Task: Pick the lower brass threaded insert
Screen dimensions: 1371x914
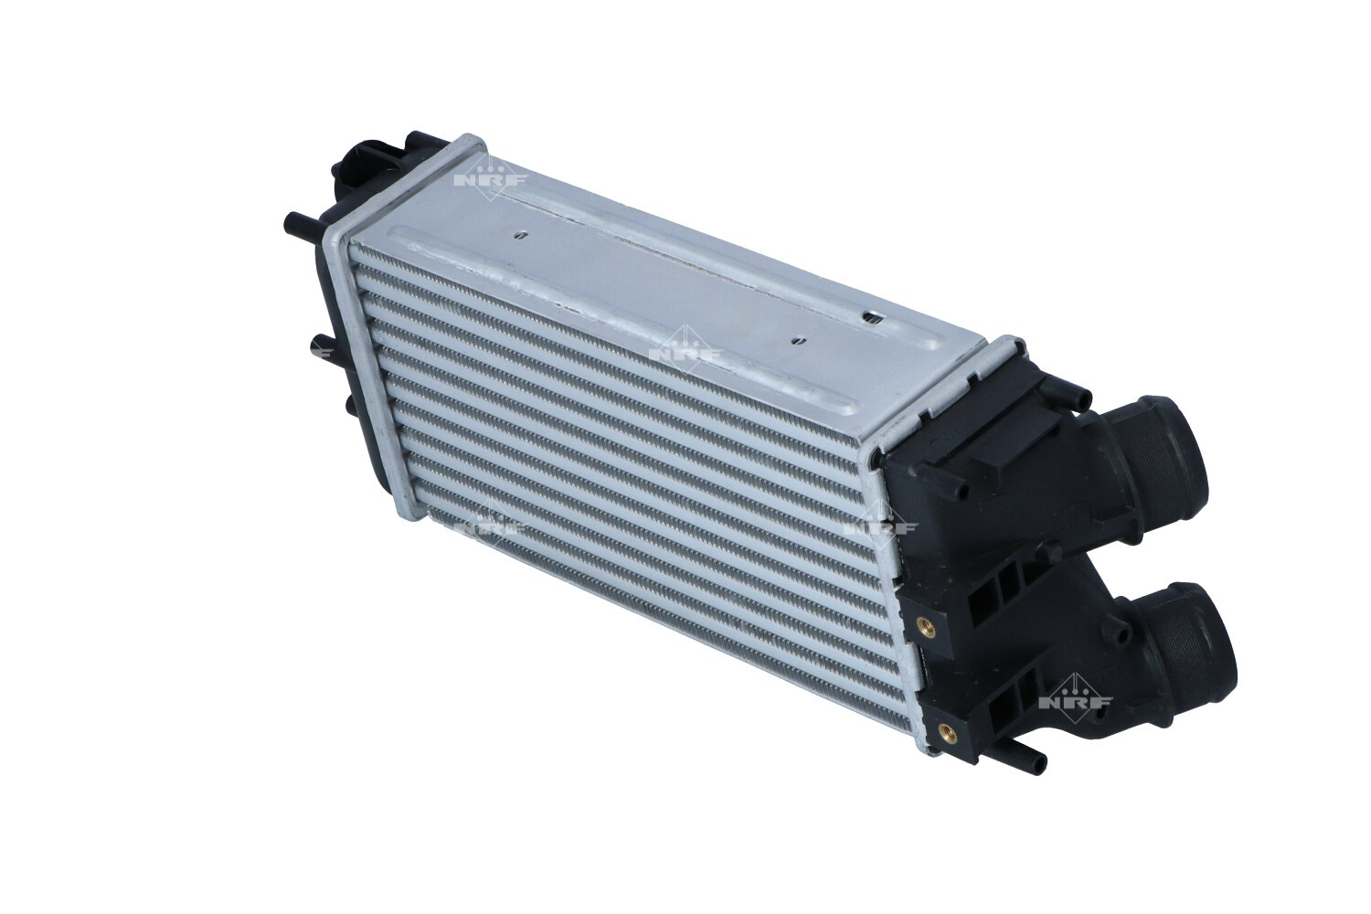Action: (948, 729)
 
